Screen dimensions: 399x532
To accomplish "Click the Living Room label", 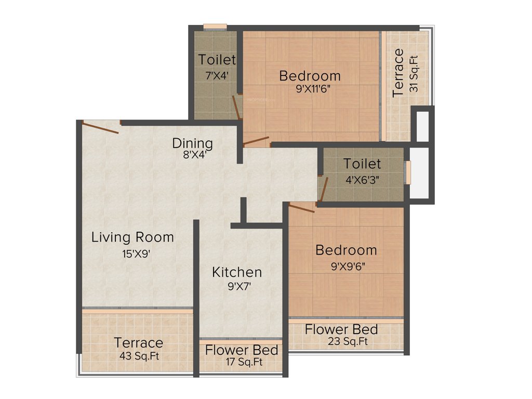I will [132, 237].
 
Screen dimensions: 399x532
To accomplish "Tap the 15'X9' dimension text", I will [132, 254].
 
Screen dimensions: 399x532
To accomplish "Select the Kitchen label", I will [237, 272].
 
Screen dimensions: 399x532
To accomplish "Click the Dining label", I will [193, 143].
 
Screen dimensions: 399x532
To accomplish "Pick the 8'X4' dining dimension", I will [193, 154].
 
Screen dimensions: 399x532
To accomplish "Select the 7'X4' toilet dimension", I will [217, 75].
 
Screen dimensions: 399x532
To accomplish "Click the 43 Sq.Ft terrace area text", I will [139, 357].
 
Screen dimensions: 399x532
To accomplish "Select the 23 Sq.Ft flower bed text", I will [348, 341].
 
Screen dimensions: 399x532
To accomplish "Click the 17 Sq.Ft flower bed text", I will [242, 362].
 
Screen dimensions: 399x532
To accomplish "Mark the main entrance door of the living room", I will [101, 127].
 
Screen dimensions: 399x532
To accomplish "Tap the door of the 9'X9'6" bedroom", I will [302, 208].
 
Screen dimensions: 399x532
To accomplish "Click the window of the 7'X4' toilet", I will [215, 26].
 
